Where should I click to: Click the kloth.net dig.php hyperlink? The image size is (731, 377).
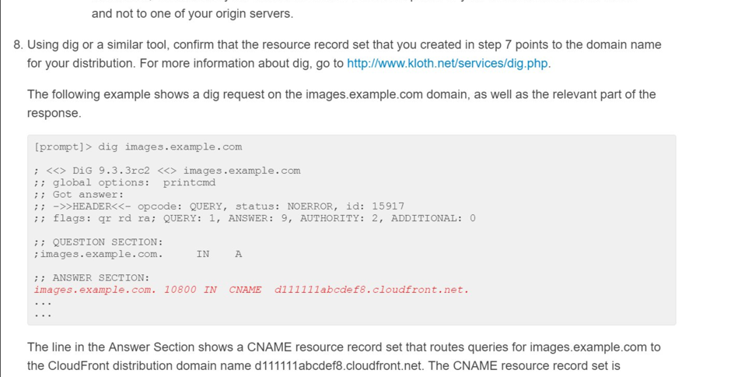coord(447,63)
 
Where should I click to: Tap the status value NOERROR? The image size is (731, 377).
coord(313,206)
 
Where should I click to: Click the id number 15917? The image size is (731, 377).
coord(388,206)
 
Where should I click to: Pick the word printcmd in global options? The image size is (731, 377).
coord(189,182)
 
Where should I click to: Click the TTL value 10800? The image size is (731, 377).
coord(180,290)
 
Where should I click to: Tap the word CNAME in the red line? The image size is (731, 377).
coord(245,290)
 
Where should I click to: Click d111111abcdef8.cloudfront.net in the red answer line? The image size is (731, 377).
coord(371,290)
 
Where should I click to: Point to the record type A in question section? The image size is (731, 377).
coord(238,254)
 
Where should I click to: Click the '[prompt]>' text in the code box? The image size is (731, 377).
coord(63,146)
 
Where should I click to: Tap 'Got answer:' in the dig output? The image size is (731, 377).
coord(88,194)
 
